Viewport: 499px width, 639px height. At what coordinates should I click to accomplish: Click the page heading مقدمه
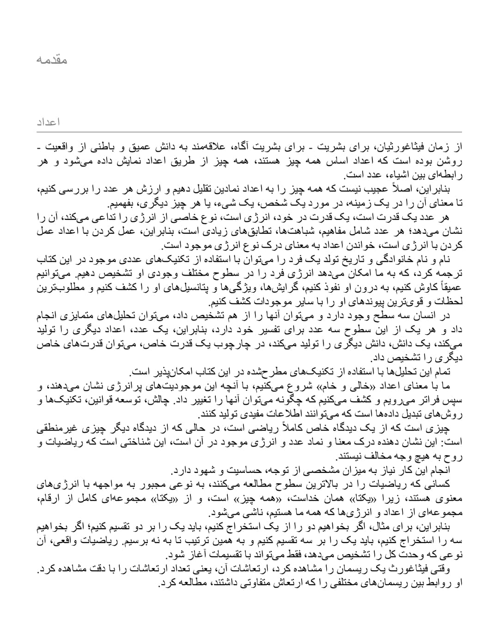click(x=52, y=60)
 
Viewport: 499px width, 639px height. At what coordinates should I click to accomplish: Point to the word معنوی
click(x=449, y=499)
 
